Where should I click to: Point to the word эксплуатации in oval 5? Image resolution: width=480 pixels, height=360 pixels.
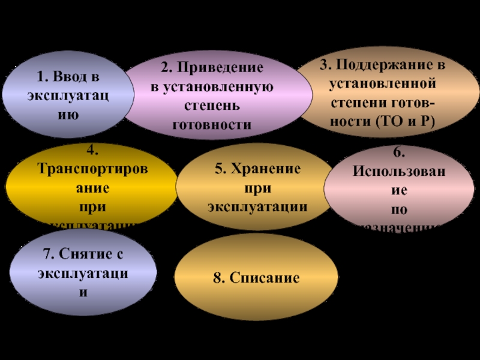[x=258, y=206]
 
